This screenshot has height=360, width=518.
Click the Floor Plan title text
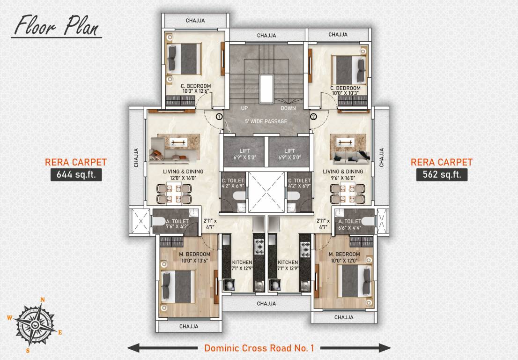[x=56, y=25]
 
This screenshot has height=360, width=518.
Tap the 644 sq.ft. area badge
[x=76, y=175]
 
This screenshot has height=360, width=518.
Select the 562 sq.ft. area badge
[x=442, y=175]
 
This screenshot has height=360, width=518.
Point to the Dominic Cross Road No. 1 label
[x=259, y=348]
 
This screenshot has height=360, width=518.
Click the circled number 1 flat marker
[x=218, y=116]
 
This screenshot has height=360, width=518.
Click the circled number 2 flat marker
[x=313, y=116]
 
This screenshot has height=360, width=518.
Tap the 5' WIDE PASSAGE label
[x=266, y=122]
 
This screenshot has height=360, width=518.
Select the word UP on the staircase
[x=244, y=108]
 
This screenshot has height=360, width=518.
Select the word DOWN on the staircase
[x=289, y=108]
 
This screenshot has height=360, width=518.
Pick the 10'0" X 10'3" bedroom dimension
[x=345, y=93]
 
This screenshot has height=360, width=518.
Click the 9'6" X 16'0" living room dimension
[x=343, y=178]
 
